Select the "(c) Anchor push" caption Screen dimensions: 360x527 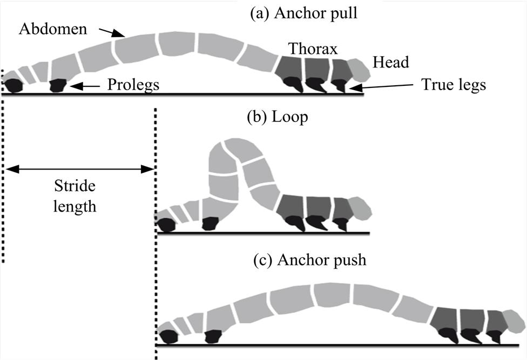(x=310, y=260)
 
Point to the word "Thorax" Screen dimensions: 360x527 (x=313, y=49)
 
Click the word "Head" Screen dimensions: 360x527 (x=390, y=62)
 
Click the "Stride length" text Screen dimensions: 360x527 (x=75, y=196)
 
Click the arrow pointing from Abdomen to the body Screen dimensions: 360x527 (x=114, y=32)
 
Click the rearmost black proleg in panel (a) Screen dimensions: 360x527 (x=13, y=86)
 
